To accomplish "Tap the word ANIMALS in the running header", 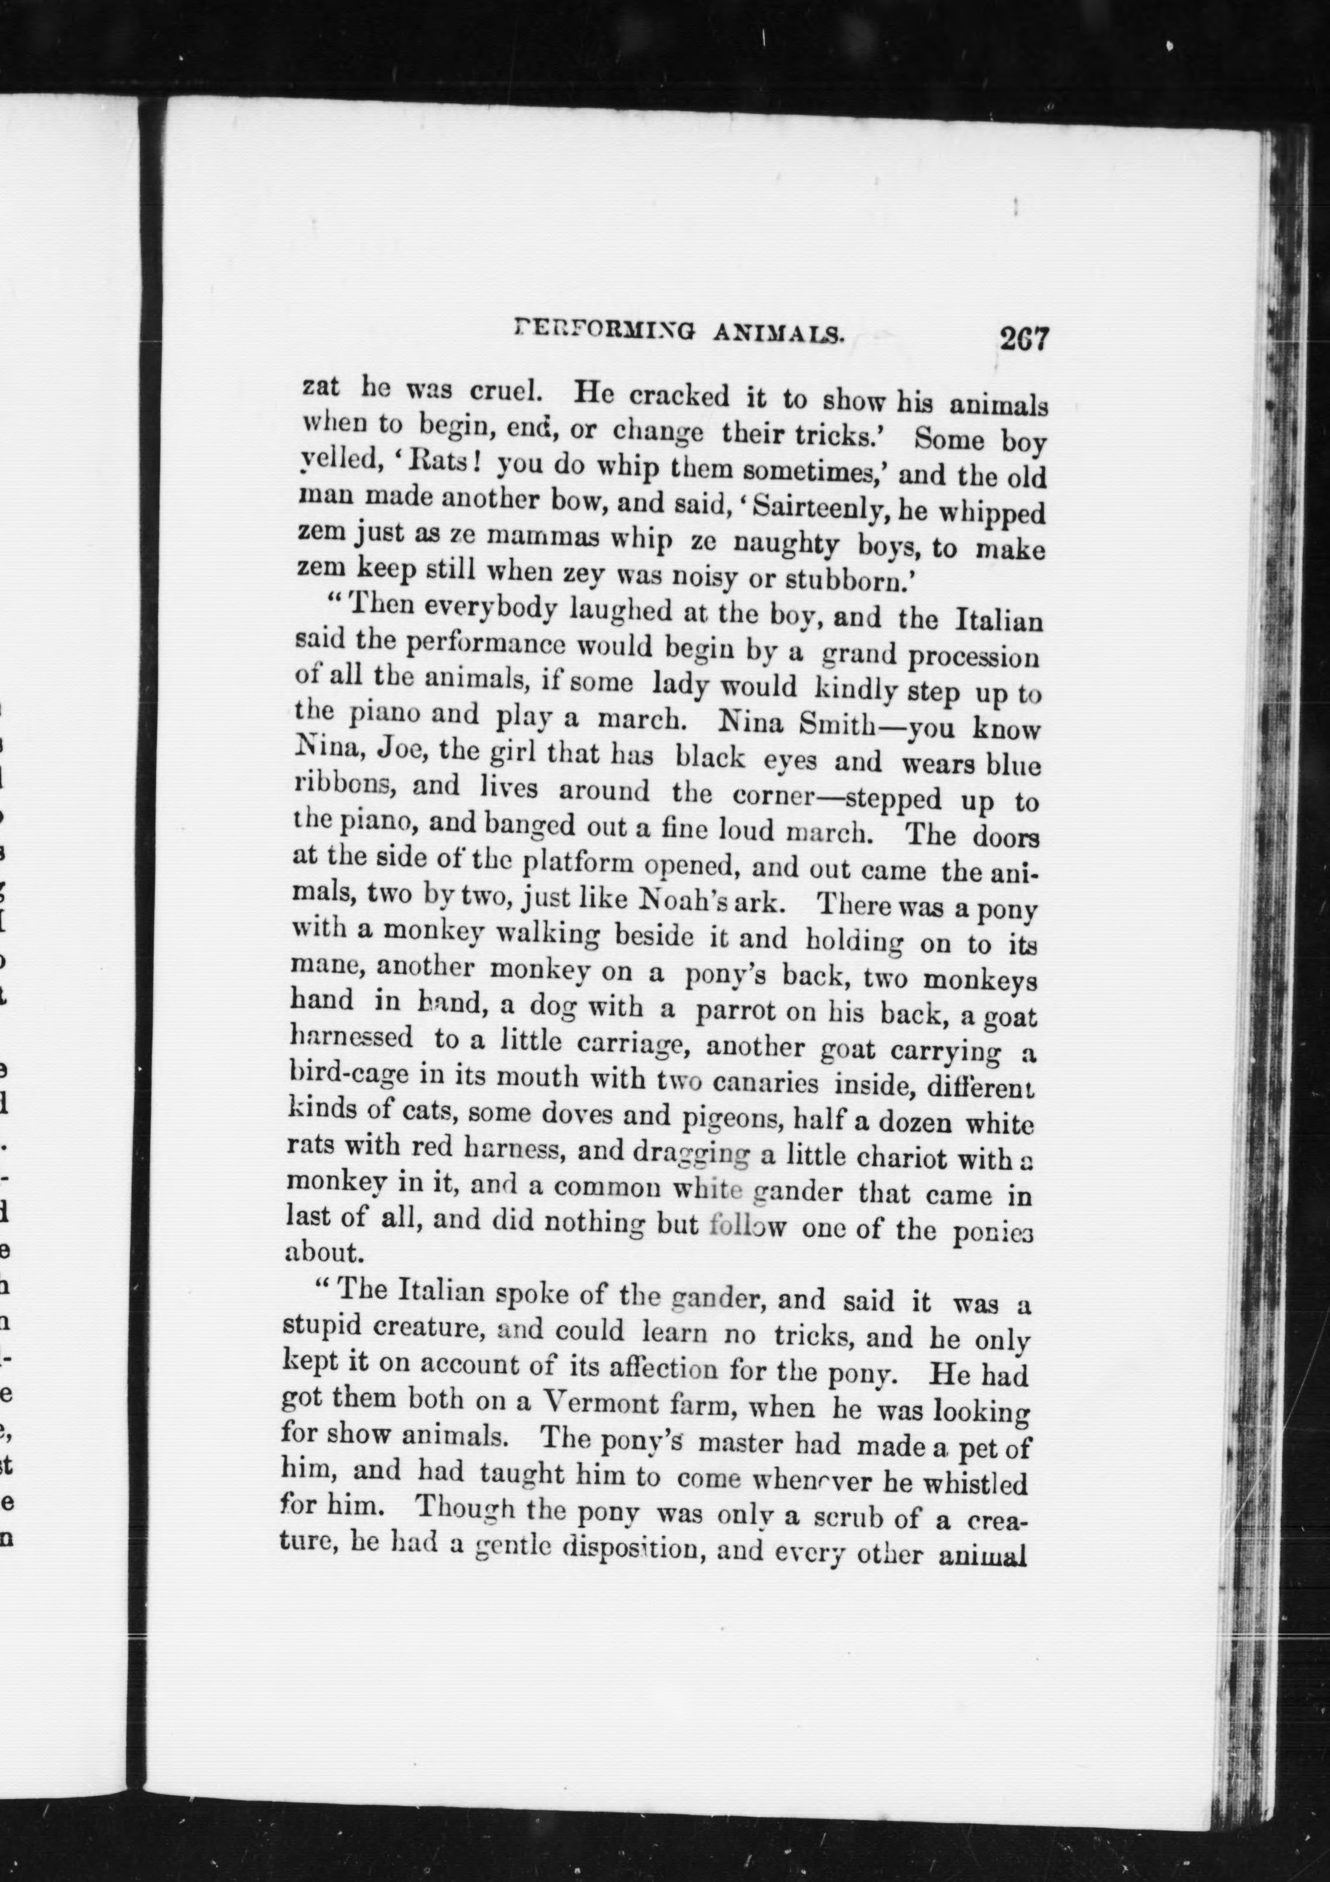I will tap(778, 333).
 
